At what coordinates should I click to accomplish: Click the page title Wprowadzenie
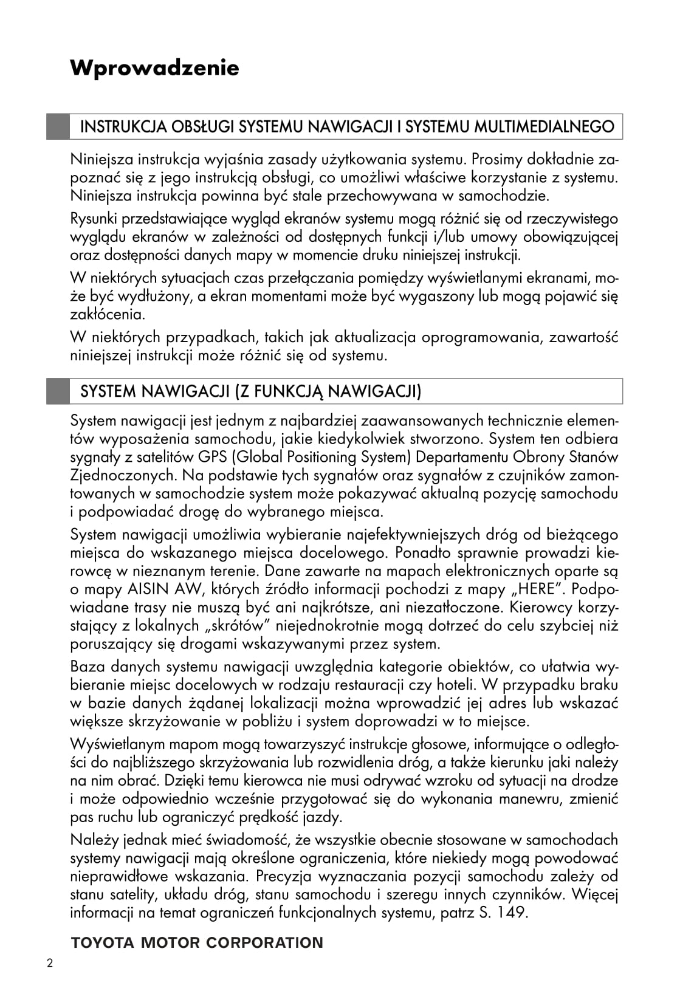[x=154, y=67]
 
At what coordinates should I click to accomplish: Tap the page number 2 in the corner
[x=50, y=964]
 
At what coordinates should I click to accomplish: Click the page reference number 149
[x=511, y=912]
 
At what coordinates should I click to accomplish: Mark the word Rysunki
[x=94, y=219]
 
